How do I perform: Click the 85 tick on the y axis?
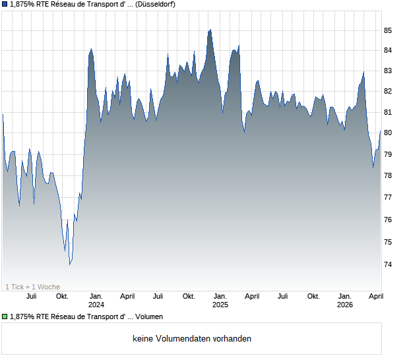pyautogui.click(x=389, y=31)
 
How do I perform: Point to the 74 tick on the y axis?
pyautogui.click(x=389, y=264)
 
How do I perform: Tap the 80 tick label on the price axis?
pyautogui.click(x=389, y=133)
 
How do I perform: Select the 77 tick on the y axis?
pyautogui.click(x=389, y=198)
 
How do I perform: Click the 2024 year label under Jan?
pyautogui.click(x=96, y=305)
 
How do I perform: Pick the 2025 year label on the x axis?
pyautogui.click(x=220, y=305)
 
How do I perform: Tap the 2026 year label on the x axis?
pyautogui.click(x=345, y=305)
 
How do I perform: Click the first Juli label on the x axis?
pyautogui.click(x=31, y=296)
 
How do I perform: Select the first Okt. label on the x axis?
pyautogui.click(x=63, y=296)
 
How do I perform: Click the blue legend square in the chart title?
pyautogui.click(x=5, y=5)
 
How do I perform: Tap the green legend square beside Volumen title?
pyautogui.click(x=5, y=317)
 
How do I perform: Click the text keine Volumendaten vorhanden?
pyautogui.click(x=192, y=339)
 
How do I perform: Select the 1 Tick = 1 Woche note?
pyautogui.click(x=32, y=287)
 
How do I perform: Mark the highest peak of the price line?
pyautogui.click(x=210, y=30)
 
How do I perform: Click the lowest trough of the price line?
pyautogui.click(x=69, y=264)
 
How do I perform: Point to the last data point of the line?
pyautogui.click(x=380, y=132)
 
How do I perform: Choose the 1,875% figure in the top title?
pyautogui.click(x=24, y=5)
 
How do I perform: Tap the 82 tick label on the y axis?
pyautogui.click(x=389, y=91)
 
